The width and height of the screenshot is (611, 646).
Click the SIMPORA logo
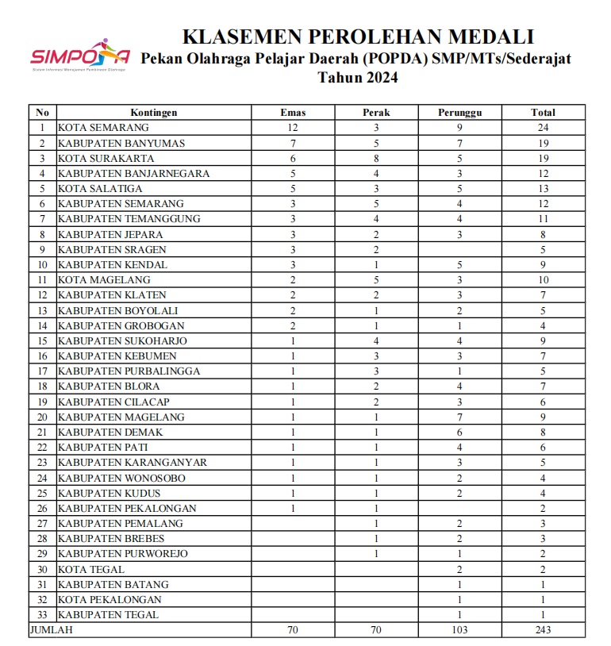(79, 55)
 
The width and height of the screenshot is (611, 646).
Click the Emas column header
(293, 113)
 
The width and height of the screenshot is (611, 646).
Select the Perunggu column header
(460, 113)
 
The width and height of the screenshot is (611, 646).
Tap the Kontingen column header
(154, 113)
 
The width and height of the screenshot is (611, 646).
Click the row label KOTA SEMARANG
(103, 127)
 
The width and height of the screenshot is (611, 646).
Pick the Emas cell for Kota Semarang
(293, 127)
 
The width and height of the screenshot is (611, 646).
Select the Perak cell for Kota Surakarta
(377, 158)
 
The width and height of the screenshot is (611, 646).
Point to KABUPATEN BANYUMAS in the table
(121, 143)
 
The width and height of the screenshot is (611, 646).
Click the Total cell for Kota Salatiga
(544, 188)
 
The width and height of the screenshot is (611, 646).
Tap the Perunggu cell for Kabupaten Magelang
(460, 417)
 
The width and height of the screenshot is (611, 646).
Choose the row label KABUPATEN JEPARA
(110, 234)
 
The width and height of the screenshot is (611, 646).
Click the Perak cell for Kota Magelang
(377, 279)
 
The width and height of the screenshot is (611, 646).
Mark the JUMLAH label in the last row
(50, 629)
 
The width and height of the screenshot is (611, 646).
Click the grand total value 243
(544, 629)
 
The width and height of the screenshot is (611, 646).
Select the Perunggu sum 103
(460, 629)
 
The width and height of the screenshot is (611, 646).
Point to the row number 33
(43, 614)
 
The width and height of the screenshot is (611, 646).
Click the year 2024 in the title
(379, 78)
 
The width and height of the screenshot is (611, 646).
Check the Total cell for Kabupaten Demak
(544, 432)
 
